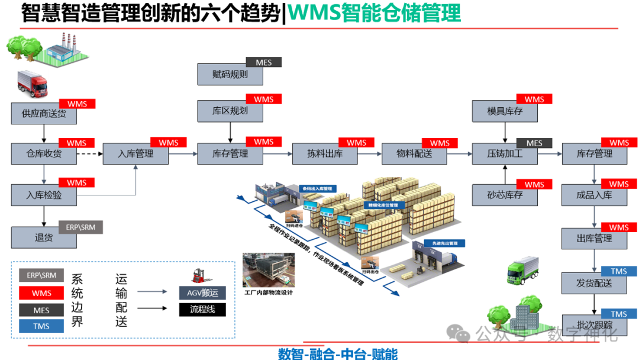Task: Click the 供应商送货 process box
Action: (x=44, y=113)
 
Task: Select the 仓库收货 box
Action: (x=44, y=154)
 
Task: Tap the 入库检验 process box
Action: (x=44, y=195)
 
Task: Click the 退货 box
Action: (x=44, y=237)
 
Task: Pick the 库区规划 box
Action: (x=230, y=111)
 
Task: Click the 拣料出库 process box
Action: (x=325, y=154)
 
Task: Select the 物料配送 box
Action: (x=414, y=154)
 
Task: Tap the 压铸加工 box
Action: (x=505, y=154)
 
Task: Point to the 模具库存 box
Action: (x=505, y=111)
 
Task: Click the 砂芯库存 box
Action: (x=505, y=195)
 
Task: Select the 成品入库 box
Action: (x=594, y=195)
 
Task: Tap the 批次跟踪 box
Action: (x=594, y=324)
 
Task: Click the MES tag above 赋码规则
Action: (x=264, y=62)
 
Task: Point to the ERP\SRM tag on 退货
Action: (x=81, y=227)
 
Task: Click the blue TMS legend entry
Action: (x=41, y=326)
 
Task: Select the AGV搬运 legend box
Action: (x=202, y=292)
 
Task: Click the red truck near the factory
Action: (x=33, y=83)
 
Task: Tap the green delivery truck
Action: (x=523, y=269)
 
